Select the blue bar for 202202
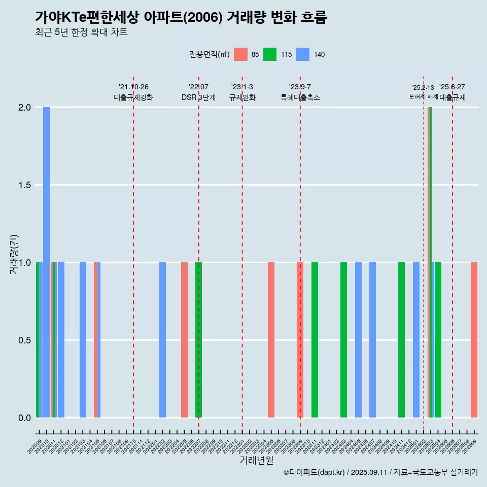pyautogui.click(x=162, y=340)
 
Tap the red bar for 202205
pyautogui.click(x=184, y=340)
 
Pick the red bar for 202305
pyautogui.click(x=271, y=340)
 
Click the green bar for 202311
pyautogui.click(x=315, y=340)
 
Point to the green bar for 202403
pyautogui.click(x=343, y=340)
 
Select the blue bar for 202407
pyautogui.click(x=372, y=340)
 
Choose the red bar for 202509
pyautogui.click(x=474, y=340)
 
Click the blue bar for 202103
pyautogui.click(x=83, y=340)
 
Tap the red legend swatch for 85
pyautogui.click(x=240, y=54)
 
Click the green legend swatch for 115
pyautogui.click(x=270, y=54)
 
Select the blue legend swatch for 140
pyautogui.click(x=302, y=54)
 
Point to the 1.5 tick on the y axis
pyautogui.click(x=24, y=185)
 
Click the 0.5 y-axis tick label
pyautogui.click(x=24, y=340)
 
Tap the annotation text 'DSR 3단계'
pyautogui.click(x=198, y=97)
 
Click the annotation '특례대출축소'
pyautogui.click(x=300, y=97)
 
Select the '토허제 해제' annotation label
pyautogui.click(x=423, y=96)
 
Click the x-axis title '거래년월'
pyautogui.click(x=256, y=460)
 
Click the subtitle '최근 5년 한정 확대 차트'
pyautogui.click(x=81, y=32)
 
